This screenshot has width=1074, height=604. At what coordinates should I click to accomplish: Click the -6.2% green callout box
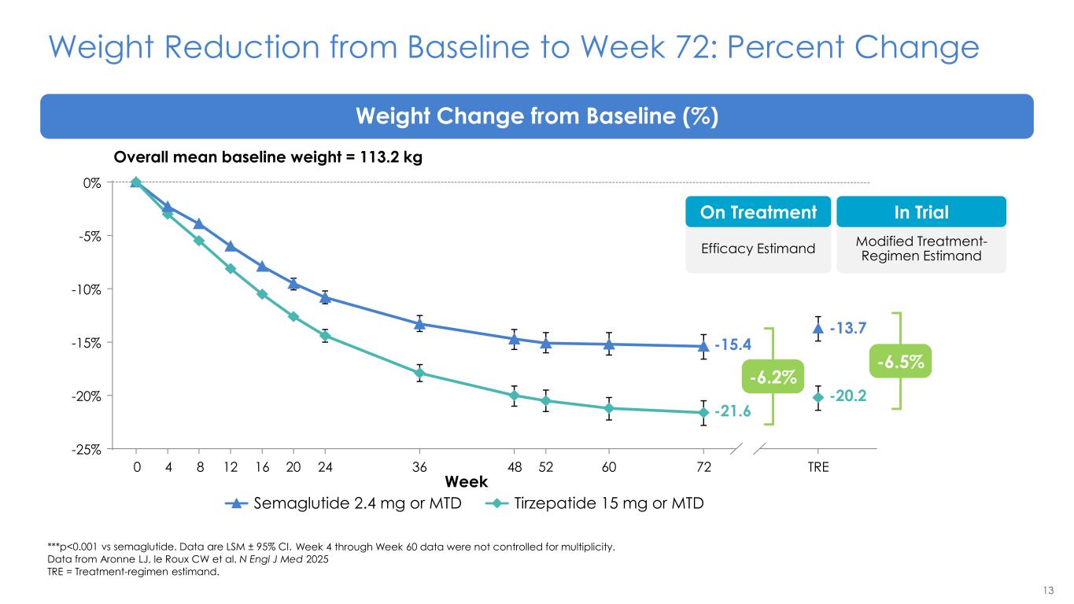click(x=773, y=378)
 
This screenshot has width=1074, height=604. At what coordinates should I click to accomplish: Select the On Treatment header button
click(x=758, y=212)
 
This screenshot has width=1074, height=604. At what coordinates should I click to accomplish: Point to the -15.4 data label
click(x=733, y=344)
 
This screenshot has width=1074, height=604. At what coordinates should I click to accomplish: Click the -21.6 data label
click(x=733, y=411)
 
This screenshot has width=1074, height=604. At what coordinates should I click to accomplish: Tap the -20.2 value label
click(x=848, y=396)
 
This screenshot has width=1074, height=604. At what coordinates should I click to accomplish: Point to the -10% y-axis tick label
click(x=89, y=289)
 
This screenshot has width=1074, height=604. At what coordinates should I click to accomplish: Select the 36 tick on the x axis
click(x=419, y=467)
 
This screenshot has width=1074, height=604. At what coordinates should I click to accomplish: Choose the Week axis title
click(x=467, y=481)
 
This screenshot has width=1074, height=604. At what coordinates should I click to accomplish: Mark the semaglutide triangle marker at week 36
click(x=419, y=323)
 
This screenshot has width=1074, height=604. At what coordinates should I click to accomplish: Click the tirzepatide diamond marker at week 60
click(x=609, y=408)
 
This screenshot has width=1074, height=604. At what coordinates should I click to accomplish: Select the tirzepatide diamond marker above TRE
click(x=817, y=397)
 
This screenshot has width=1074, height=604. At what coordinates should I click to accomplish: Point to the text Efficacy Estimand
click(x=758, y=249)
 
